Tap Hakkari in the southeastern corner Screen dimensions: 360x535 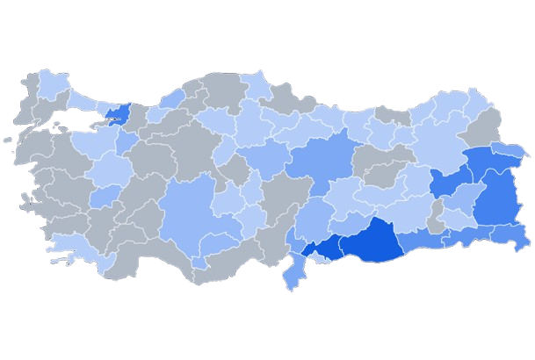(x=510, y=234)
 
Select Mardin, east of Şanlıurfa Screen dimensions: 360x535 (x=422, y=240)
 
